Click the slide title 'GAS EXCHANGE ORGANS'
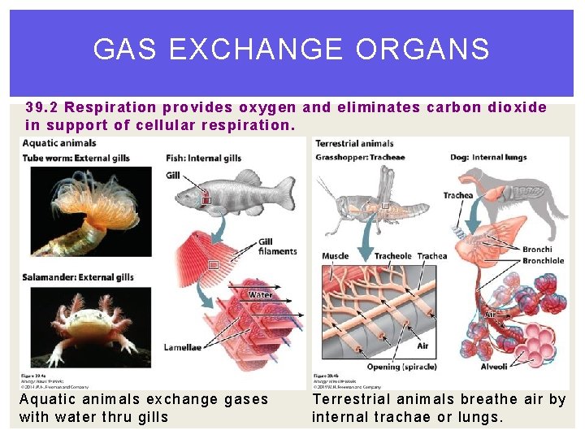point(292,50)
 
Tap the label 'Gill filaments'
point(277,246)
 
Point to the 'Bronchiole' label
point(543,261)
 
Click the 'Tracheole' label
point(392,256)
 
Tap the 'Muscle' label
point(335,256)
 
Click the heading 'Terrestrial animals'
point(354,144)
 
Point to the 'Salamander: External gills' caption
point(78,277)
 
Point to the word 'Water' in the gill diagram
point(260,294)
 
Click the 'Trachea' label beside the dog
point(458,195)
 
